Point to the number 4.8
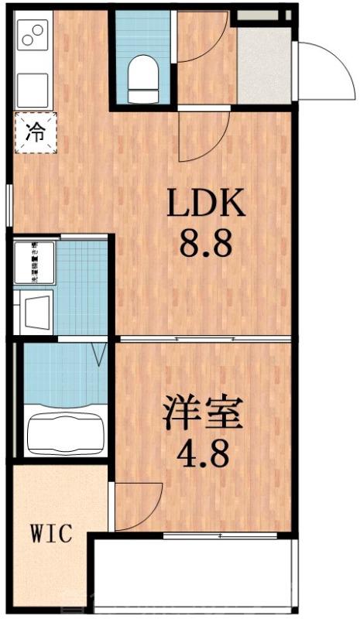click(203, 455)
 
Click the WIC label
click(51, 533)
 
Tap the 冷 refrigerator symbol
click(34, 132)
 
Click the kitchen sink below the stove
click(33, 87)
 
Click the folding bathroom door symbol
click(98, 356)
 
